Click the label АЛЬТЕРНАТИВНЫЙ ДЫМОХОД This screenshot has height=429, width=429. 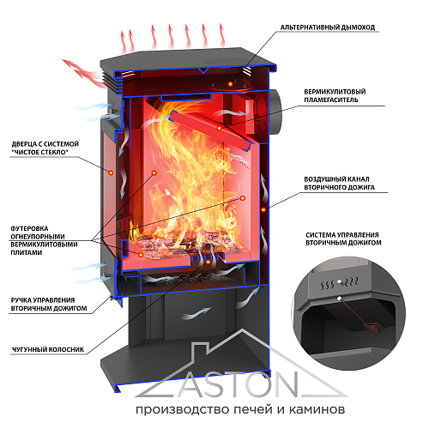(x=328, y=27)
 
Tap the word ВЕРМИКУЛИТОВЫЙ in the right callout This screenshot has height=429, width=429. (x=335, y=92)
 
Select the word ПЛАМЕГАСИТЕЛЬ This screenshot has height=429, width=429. (x=331, y=100)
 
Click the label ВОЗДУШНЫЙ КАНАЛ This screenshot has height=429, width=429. (x=336, y=179)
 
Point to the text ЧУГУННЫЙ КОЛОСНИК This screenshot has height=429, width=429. (x=48, y=349)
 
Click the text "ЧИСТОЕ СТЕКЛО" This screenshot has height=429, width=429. (x=39, y=152)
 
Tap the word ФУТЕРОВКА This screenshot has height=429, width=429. (x=29, y=229)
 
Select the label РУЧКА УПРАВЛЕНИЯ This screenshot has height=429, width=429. (x=43, y=300)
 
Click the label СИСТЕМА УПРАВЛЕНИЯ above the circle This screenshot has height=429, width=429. (x=342, y=235)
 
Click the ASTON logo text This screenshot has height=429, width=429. (x=239, y=384)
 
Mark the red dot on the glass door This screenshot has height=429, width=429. (x=111, y=172)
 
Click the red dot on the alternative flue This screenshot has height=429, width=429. (x=230, y=84)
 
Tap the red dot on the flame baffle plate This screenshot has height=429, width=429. (x=219, y=128)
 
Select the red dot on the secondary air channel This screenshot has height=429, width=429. (x=263, y=209)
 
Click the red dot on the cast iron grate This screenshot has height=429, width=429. (x=208, y=262)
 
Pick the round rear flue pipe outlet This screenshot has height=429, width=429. (x=272, y=112)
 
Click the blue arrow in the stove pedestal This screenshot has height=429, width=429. (x=196, y=313)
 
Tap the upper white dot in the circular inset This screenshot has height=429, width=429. (x=339, y=282)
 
